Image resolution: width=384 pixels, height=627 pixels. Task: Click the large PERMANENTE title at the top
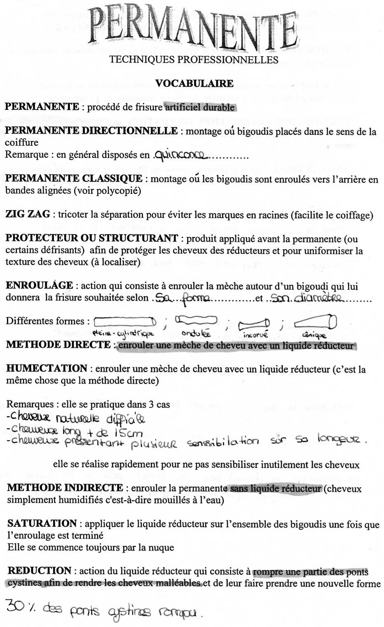pos(193,30)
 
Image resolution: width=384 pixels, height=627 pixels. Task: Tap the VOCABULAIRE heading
pos(194,84)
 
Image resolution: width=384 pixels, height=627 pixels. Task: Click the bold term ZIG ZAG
pos(28,214)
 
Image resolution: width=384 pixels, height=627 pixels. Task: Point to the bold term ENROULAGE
pos(40,286)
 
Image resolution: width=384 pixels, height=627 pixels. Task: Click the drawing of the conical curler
pos(316,321)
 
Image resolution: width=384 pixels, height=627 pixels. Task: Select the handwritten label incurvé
pos(255,335)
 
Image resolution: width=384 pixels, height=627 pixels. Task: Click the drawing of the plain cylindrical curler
pos(125,321)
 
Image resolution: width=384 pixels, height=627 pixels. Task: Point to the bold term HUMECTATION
pos(47,368)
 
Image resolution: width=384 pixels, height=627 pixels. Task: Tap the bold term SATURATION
pos(42,523)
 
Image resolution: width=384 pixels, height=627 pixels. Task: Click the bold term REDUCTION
pos(40,571)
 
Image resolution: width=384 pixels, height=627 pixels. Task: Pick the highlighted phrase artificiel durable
pos(200,107)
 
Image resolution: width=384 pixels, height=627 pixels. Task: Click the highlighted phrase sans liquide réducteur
pos(275,489)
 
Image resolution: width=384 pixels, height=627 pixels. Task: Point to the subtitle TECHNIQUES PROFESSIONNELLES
pos(194,60)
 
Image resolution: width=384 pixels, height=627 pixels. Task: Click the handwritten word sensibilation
pos(223,442)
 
